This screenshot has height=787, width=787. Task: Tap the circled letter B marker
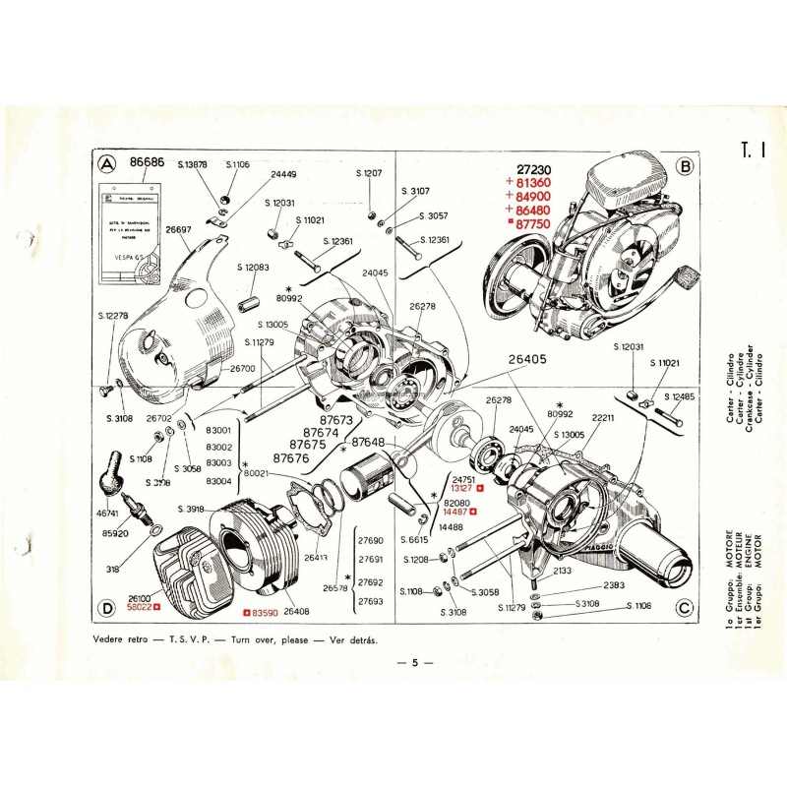click(684, 166)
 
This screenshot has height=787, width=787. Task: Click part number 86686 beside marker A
click(147, 163)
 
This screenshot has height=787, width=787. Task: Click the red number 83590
click(260, 614)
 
